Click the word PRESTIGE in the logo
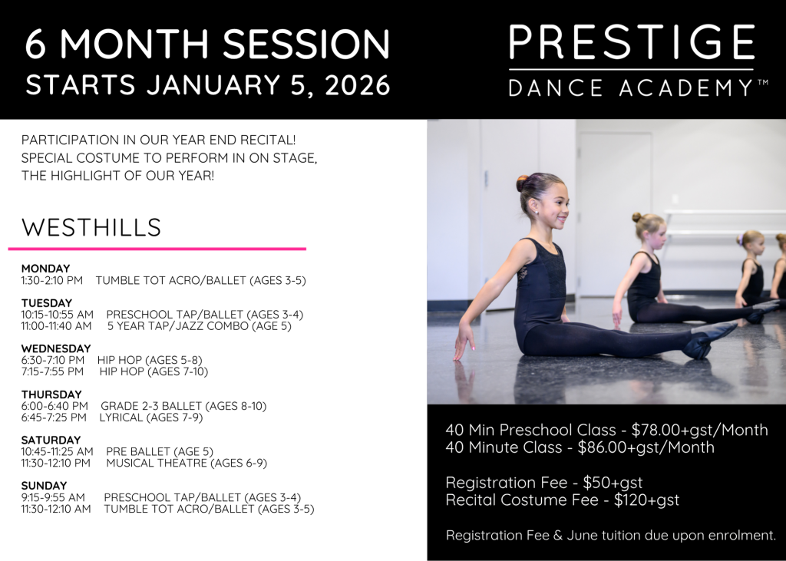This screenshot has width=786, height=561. pyautogui.click(x=632, y=42)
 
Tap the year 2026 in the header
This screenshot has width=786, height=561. pyautogui.click(x=358, y=84)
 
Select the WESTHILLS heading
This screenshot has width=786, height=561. pyautogui.click(x=91, y=227)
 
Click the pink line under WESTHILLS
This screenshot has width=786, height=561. pyautogui.click(x=157, y=249)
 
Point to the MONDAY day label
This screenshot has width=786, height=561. pyautogui.click(x=45, y=268)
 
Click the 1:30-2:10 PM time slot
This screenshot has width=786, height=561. pyautogui.click(x=51, y=280)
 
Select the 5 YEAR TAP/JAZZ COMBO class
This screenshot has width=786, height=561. pyautogui.click(x=200, y=326)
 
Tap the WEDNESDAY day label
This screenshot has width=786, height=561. pyautogui.click(x=56, y=348)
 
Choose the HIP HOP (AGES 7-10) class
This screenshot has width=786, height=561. pyautogui.click(x=154, y=371)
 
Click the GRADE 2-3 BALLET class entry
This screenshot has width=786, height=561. pyautogui.click(x=183, y=405)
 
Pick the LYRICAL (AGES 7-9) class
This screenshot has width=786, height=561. pyautogui.click(x=151, y=417)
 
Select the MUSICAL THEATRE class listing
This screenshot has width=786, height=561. pyautogui.click(x=187, y=463)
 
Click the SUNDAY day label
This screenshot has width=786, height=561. pyautogui.click(x=44, y=485)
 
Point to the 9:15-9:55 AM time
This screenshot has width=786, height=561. pyautogui.click(x=53, y=497)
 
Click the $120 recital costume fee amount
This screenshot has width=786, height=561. pyautogui.click(x=629, y=500)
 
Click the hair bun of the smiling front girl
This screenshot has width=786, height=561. pyautogui.click(x=523, y=183)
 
